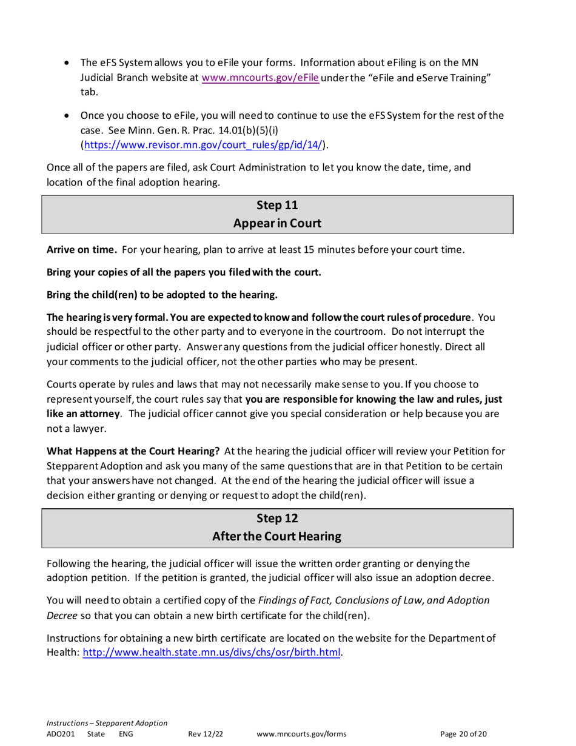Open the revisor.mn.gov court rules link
[x=203, y=144]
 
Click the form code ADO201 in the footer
[x=60, y=734]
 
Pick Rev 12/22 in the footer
[x=206, y=734]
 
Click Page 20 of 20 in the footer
[x=463, y=734]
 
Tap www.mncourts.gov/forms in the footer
[x=302, y=734]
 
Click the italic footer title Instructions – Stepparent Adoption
[x=107, y=723]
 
